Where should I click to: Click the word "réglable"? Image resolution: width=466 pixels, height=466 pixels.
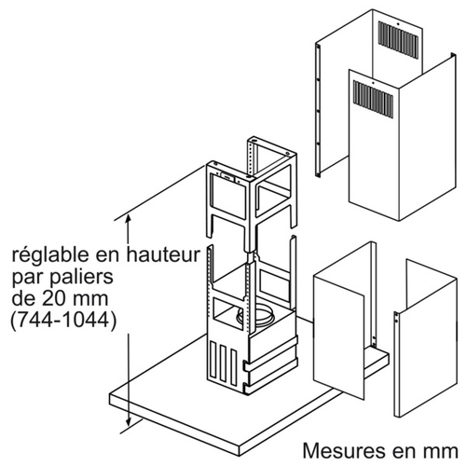click(49, 256)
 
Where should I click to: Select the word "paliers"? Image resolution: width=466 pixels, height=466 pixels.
click(82, 278)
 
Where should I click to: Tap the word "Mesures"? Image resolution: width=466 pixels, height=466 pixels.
click(341, 450)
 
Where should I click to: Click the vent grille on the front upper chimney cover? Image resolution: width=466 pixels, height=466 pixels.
click(373, 100)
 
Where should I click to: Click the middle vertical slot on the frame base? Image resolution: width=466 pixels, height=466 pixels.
click(222, 361)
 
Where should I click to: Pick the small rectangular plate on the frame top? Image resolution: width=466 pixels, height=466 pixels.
click(228, 177)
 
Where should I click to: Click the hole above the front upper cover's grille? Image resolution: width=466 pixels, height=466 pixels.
click(373, 83)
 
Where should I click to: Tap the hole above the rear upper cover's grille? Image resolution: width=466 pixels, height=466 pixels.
click(399, 23)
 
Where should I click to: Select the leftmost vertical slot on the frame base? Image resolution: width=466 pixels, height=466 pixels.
click(212, 357)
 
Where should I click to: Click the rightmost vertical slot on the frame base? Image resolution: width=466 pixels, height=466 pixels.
click(233, 366)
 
